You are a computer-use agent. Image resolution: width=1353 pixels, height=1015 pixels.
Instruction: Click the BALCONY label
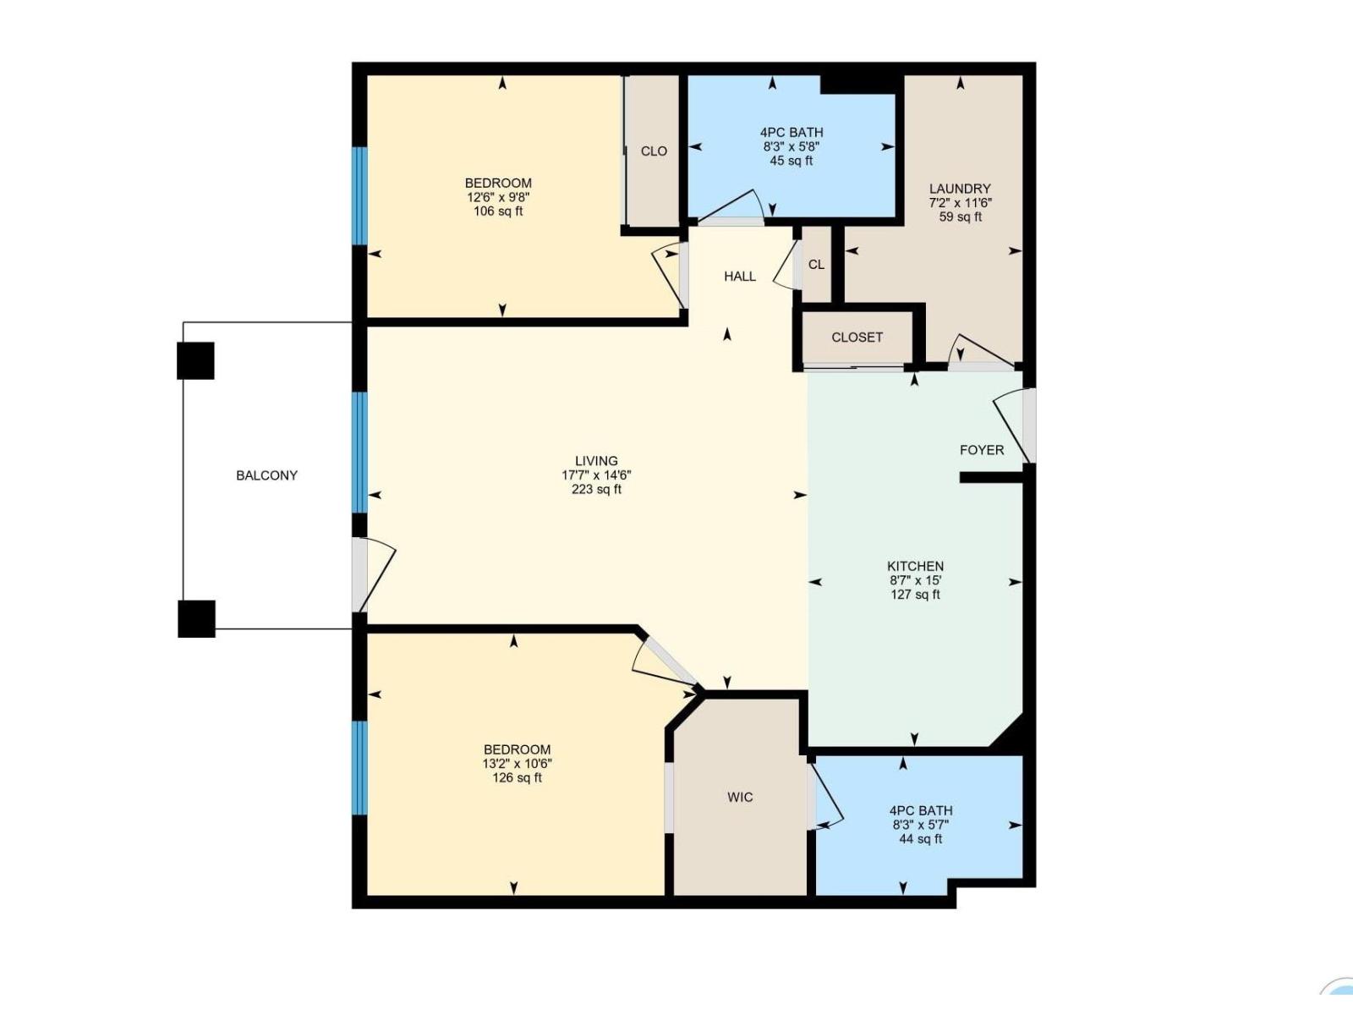pos(266,475)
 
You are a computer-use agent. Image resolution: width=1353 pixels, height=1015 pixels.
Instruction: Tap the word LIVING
pos(596,461)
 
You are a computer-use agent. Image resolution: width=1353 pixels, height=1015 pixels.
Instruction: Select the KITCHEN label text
pos(915,566)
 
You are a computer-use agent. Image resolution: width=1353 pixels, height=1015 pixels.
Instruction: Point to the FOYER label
pos(982,450)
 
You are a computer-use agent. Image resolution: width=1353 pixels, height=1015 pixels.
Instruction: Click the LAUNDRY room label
pos(960,189)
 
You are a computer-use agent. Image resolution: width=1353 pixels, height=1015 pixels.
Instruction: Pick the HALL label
pos(740,277)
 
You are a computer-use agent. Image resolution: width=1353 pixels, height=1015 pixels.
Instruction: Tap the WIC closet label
pos(740,797)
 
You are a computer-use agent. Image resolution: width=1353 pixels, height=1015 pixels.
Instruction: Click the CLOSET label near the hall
pos(857,337)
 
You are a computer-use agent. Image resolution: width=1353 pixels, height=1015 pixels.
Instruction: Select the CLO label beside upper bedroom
pos(654,151)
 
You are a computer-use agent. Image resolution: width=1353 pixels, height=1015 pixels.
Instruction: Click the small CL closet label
pos(816,265)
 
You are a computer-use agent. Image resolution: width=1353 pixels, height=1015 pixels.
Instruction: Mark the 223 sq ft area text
pos(596,490)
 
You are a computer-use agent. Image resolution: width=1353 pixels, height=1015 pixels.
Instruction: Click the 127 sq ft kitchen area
pos(915,595)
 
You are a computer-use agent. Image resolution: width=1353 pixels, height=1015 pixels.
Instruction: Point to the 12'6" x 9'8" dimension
pos(498,197)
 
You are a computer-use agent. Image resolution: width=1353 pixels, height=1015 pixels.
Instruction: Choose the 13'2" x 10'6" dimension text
pos(517,764)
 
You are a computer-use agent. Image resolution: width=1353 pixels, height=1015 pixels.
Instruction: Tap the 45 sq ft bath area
pos(791,161)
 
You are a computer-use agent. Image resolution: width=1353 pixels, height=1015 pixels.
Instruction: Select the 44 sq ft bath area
pos(920,839)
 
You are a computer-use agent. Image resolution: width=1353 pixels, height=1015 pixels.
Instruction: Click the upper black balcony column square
pos(195,360)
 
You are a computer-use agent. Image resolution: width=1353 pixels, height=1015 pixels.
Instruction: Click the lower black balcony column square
pos(196,618)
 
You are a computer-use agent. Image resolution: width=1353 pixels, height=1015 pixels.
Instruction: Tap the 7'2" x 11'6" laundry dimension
pos(960,203)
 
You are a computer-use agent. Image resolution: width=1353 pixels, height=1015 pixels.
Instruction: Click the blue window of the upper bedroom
pos(360,195)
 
